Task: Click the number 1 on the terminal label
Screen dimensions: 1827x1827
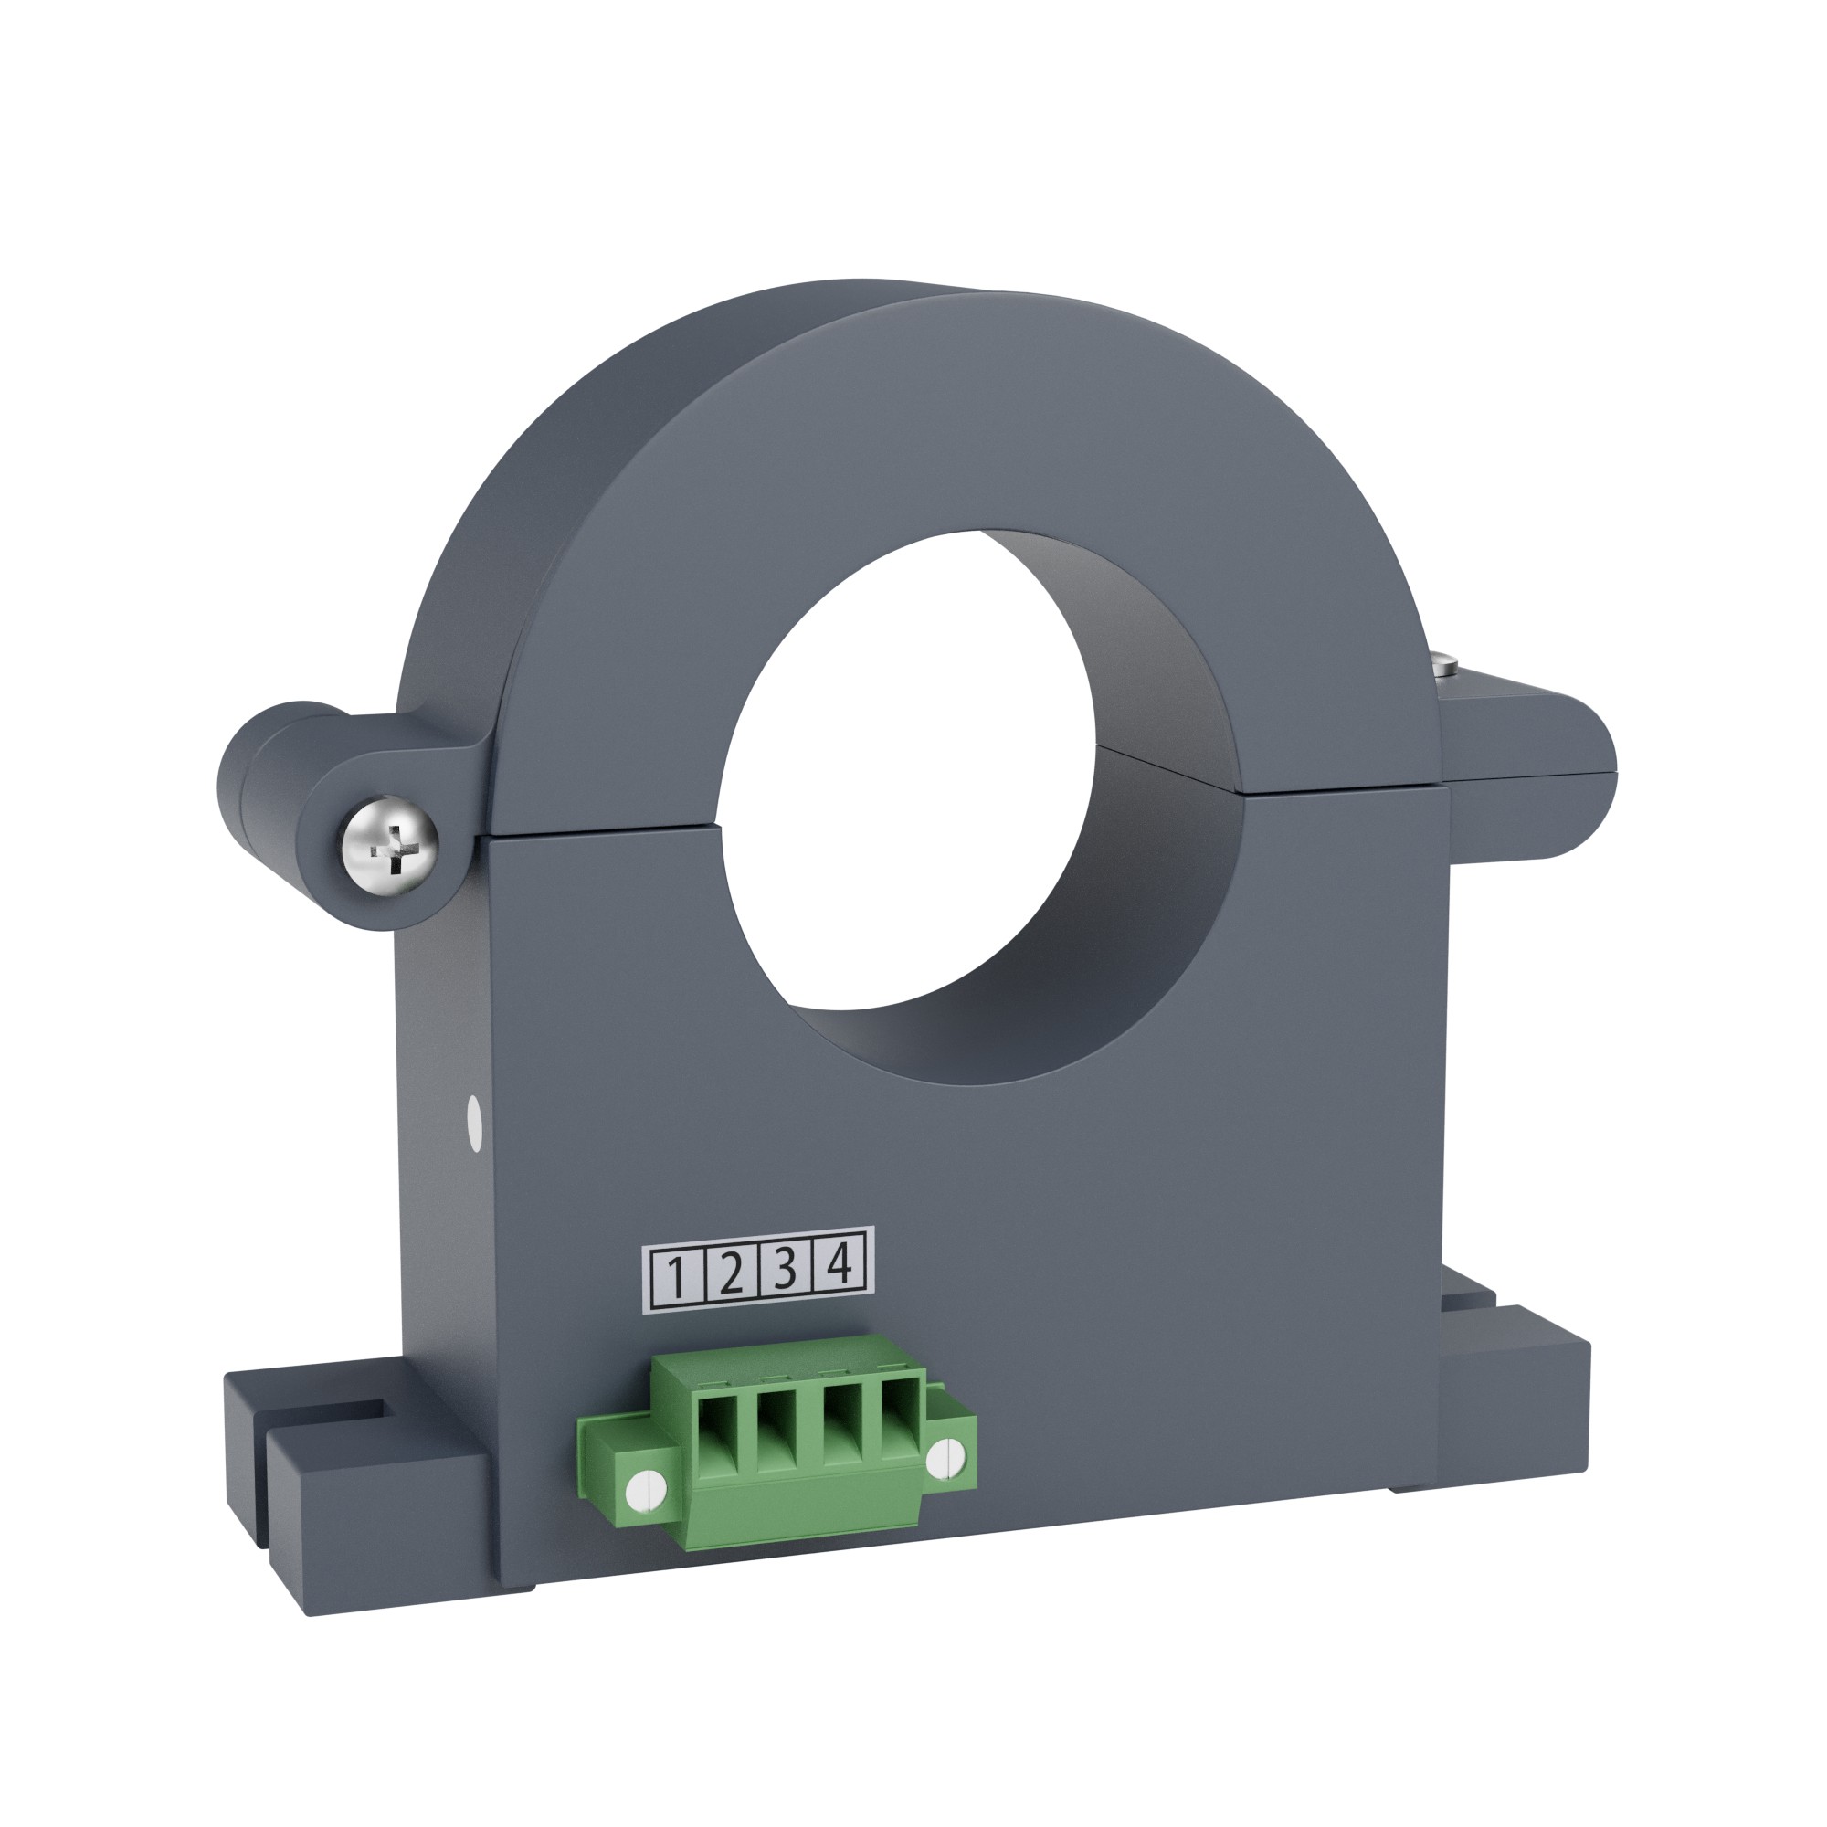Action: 676,1279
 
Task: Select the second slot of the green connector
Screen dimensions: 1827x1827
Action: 777,1440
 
